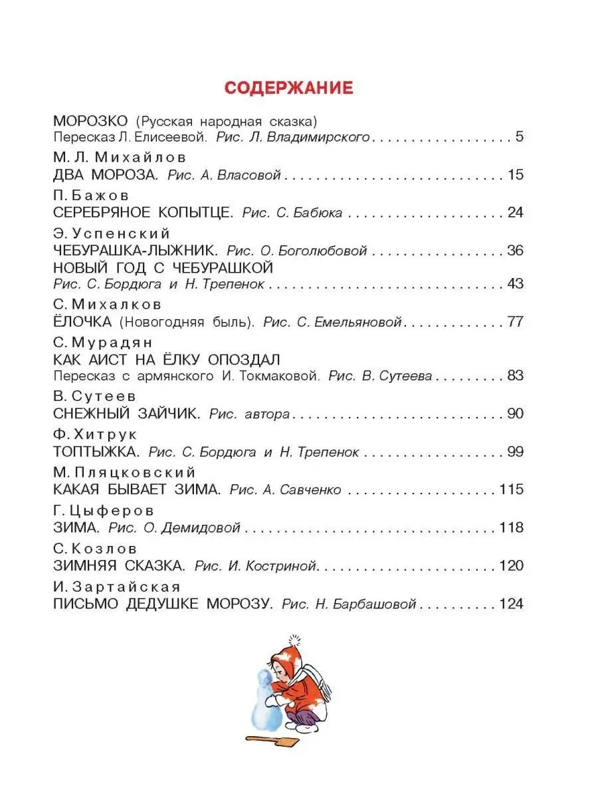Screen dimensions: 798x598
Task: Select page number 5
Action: (520, 138)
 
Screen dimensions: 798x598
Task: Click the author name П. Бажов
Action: (90, 196)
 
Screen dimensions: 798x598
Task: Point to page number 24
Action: (514, 213)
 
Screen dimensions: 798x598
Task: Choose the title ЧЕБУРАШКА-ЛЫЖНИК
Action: (136, 251)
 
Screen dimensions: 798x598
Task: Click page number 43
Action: (514, 283)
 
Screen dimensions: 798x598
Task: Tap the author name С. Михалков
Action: (106, 305)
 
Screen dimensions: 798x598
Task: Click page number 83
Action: (515, 375)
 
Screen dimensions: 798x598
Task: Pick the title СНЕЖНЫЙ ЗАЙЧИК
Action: (126, 414)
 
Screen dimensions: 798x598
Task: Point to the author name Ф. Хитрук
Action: (95, 434)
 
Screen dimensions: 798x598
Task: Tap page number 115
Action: (511, 489)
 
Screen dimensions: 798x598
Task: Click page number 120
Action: (511, 566)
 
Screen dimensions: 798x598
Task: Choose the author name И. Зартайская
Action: (116, 587)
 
